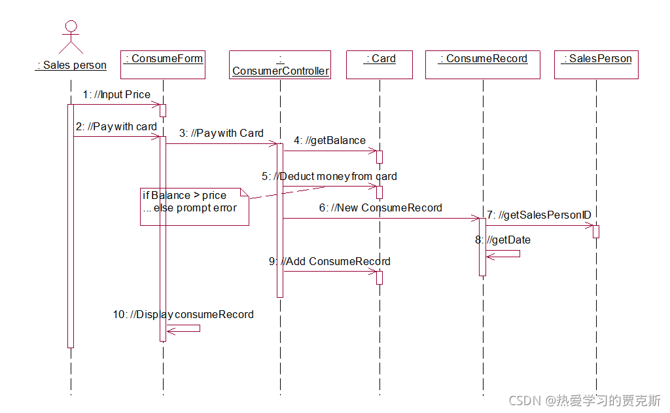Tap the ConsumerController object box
(280, 65)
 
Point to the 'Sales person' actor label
(71, 65)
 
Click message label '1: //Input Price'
(116, 95)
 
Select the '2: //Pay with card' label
(116, 126)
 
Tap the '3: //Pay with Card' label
(221, 133)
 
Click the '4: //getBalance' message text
(330, 140)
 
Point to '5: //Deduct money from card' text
(329, 176)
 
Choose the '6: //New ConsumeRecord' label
(381, 207)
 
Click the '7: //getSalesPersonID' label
(538, 215)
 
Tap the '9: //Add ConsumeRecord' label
(330, 261)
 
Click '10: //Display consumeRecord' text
(183, 314)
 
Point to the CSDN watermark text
(584, 400)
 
